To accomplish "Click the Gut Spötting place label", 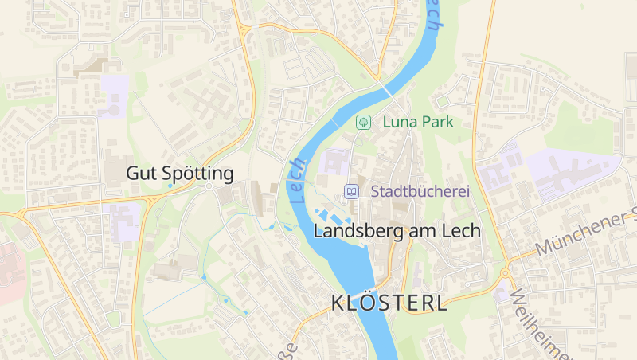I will [180, 173].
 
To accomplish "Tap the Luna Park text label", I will [417, 123].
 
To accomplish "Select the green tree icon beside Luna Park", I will [363, 123].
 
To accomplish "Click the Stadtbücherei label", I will [420, 191].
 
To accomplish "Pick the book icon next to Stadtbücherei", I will [351, 191].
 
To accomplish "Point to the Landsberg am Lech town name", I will [397, 231].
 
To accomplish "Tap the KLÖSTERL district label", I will [389, 303].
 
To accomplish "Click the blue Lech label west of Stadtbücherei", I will [299, 179].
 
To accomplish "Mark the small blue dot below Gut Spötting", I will [170, 186].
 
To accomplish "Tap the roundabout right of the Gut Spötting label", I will [209, 186].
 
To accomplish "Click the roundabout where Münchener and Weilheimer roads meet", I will [505, 273].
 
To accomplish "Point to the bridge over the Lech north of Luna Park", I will [386, 88].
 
